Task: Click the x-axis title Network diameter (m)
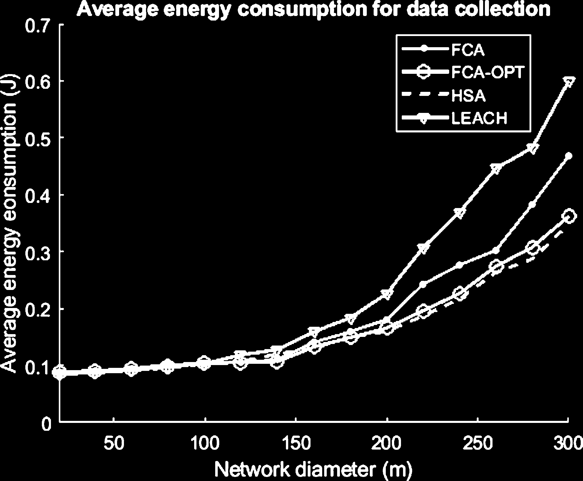click(x=313, y=469)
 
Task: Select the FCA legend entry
click(x=468, y=50)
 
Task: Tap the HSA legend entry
click(x=468, y=96)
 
